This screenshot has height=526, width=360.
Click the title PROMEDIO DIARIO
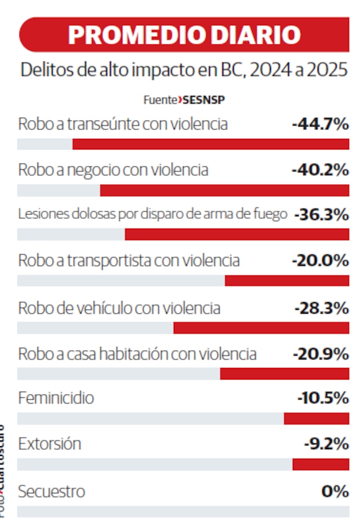click(184, 35)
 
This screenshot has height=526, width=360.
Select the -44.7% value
click(320, 124)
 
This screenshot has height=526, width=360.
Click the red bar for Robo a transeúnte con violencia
click(211, 144)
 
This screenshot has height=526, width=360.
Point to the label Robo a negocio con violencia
click(113, 170)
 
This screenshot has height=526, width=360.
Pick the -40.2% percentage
click(320, 170)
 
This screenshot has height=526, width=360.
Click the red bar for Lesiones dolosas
click(237, 234)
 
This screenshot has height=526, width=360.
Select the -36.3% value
click(321, 215)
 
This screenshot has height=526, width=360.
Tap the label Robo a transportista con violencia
click(129, 260)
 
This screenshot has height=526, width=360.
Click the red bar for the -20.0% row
click(287, 281)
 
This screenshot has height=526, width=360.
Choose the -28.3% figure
click(321, 308)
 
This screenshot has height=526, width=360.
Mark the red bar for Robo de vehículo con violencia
click(261, 328)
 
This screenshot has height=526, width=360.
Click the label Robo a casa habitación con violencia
click(137, 354)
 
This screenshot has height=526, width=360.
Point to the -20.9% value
click(320, 354)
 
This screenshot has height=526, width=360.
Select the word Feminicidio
click(56, 398)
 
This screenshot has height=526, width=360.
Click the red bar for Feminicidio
click(316, 418)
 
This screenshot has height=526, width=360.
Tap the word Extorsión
click(49, 444)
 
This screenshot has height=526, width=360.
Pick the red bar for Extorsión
click(321, 465)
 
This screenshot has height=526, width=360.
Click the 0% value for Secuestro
click(335, 491)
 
